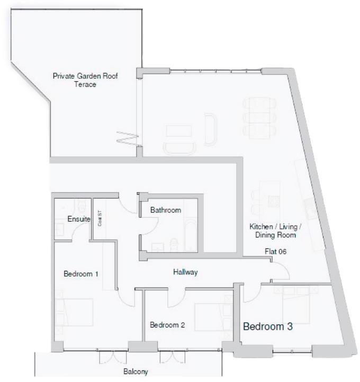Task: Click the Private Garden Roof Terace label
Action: click(85, 80)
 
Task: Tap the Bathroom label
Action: click(165, 210)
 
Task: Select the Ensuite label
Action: click(79, 219)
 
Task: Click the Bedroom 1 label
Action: click(81, 274)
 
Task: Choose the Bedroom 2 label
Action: click(167, 325)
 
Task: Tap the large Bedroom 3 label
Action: click(267, 327)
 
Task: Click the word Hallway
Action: click(185, 272)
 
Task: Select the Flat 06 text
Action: click(276, 252)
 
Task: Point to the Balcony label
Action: click(136, 371)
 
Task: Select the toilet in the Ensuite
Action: click(78, 205)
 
